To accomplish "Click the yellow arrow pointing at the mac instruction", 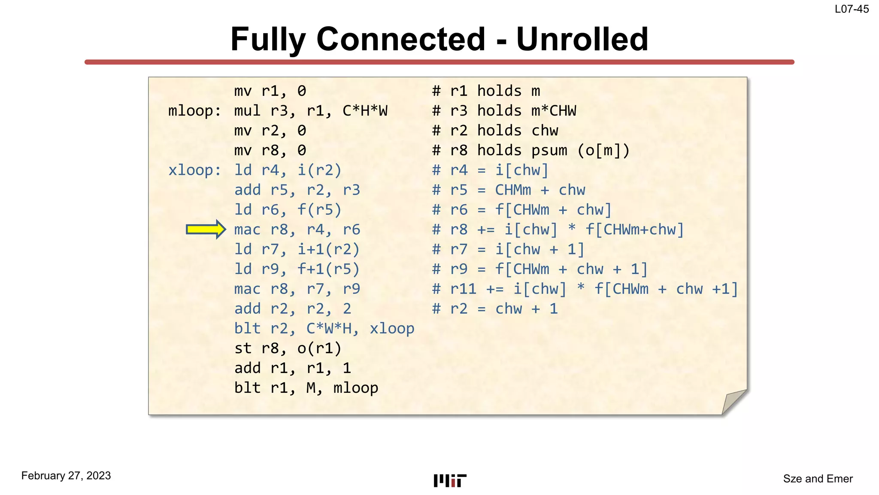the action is click(x=206, y=229).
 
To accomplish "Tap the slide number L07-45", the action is click(x=852, y=9).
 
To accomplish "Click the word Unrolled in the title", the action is click(x=582, y=39).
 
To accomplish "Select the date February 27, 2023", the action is click(x=66, y=476).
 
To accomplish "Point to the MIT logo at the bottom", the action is click(x=450, y=480).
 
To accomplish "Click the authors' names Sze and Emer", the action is click(x=818, y=479).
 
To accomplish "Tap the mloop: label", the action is click(x=195, y=111).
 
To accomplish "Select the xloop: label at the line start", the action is click(x=195, y=170).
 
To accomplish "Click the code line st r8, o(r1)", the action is click(x=288, y=348).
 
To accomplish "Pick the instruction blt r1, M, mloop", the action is click(x=306, y=388).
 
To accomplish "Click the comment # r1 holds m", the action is click(x=486, y=91).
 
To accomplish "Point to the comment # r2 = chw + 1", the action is click(x=495, y=309).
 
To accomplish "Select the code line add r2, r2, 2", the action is click(x=293, y=309).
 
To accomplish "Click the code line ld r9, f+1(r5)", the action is click(x=297, y=269).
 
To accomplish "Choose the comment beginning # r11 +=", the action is click(x=585, y=289).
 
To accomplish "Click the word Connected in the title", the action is click(x=401, y=39).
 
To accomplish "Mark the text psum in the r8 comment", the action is click(x=549, y=150).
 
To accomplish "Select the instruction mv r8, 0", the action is click(x=270, y=150).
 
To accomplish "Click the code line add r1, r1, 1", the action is click(x=293, y=368).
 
